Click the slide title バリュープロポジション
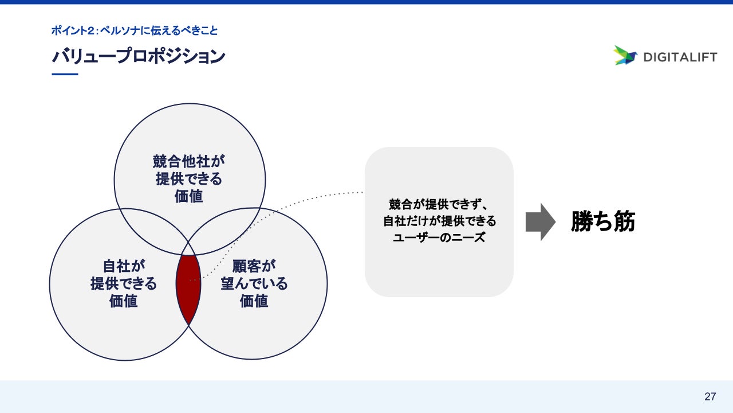pyautogui.click(x=138, y=56)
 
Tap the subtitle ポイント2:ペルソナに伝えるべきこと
pyautogui.click(x=134, y=30)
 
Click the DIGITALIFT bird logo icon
pyautogui.click(x=625, y=55)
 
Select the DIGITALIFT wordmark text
pyautogui.click(x=680, y=57)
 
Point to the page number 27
pyautogui.click(x=710, y=396)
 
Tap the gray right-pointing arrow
pyautogui.click(x=540, y=222)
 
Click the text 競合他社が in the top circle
pyautogui.click(x=190, y=161)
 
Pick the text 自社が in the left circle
pyautogui.click(x=124, y=266)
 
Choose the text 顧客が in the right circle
pyautogui.click(x=254, y=266)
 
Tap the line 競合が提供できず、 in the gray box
pyautogui.click(x=439, y=204)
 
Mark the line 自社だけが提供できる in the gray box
pyautogui.click(x=439, y=221)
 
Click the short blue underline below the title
pyautogui.click(x=64, y=75)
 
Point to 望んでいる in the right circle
pyautogui.click(x=254, y=283)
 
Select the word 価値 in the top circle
pyautogui.click(x=190, y=196)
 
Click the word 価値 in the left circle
pyautogui.click(x=124, y=301)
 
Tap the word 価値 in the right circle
pyautogui.click(x=254, y=301)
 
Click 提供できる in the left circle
pyautogui.click(x=124, y=283)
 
